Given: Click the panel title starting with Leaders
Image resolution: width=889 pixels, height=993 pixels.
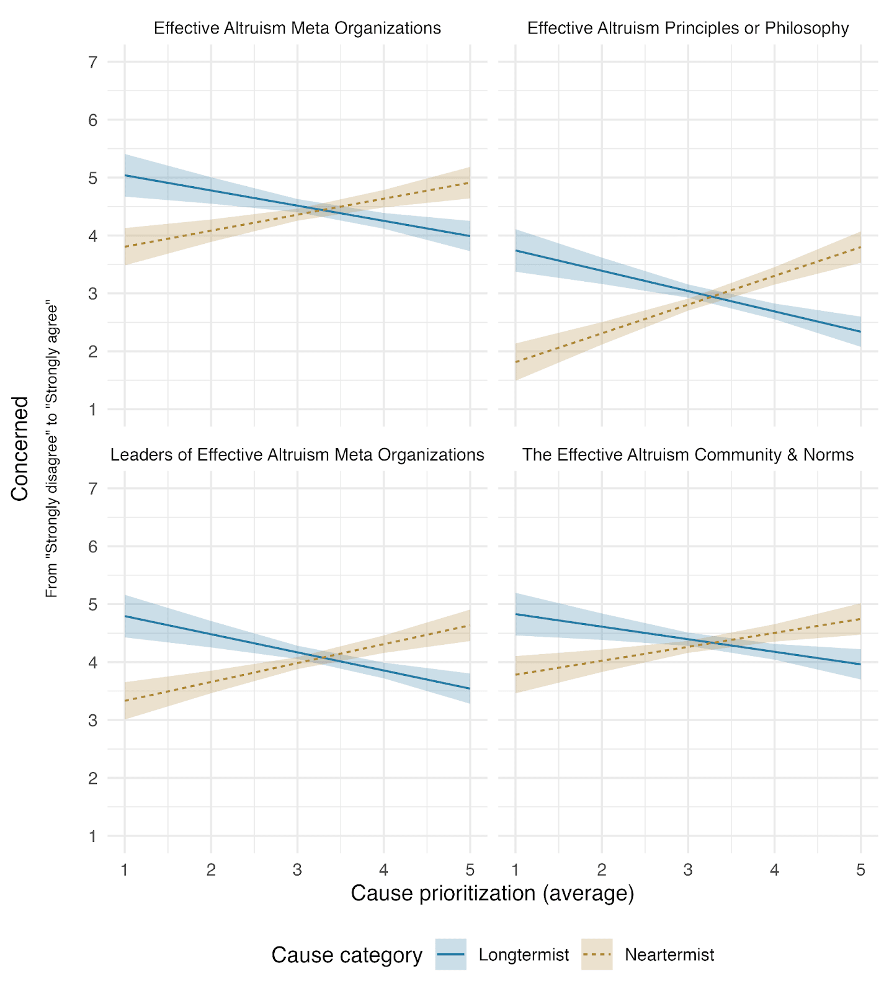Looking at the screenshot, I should pyautogui.click(x=297, y=455).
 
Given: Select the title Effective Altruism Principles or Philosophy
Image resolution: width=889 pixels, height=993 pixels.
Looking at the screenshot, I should pyautogui.click(x=688, y=29).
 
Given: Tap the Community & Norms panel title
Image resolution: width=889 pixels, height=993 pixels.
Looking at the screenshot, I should pyautogui.click(x=688, y=455).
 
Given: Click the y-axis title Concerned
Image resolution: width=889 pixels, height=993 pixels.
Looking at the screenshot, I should pyautogui.click(x=20, y=448).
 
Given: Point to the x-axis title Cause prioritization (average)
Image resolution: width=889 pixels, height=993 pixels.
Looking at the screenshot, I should pyautogui.click(x=493, y=893).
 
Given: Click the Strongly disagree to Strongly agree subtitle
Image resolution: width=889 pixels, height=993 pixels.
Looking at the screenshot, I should pyautogui.click(x=52, y=451).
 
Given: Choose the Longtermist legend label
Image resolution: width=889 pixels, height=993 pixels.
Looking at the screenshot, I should pyautogui.click(x=524, y=955).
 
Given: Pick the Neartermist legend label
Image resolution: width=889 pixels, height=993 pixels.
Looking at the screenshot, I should pyautogui.click(x=669, y=955).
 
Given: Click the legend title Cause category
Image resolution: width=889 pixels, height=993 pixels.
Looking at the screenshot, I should pyautogui.click(x=347, y=955).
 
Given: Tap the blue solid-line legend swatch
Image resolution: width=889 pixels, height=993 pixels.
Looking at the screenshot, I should pyautogui.click(x=451, y=955).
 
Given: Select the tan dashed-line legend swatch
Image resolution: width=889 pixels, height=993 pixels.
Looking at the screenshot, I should pyautogui.click(x=597, y=955).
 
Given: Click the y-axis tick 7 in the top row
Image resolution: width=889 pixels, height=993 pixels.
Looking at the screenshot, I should pyautogui.click(x=93, y=62).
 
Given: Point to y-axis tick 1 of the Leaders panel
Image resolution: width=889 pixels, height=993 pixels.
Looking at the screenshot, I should pyautogui.click(x=93, y=836).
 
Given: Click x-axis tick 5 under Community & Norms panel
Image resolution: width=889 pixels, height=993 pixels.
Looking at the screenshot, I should pyautogui.click(x=860, y=870).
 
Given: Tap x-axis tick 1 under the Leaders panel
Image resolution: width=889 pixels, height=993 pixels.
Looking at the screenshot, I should pyautogui.click(x=125, y=870).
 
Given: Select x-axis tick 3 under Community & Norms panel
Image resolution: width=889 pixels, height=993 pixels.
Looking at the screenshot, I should pyautogui.click(x=688, y=870).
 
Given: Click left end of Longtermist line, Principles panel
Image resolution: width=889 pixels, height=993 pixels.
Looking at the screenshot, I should pyautogui.click(x=516, y=251).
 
